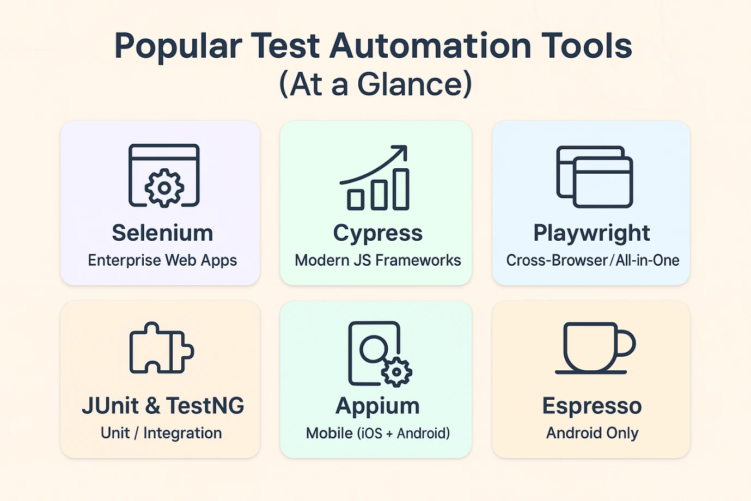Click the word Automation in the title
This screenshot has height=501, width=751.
tap(430, 46)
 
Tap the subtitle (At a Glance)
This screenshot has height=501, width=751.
tap(376, 84)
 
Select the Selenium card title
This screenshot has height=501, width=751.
tap(162, 233)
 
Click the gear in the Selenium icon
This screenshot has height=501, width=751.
tap(164, 188)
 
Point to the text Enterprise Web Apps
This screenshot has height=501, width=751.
tap(162, 260)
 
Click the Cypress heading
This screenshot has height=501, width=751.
tap(377, 234)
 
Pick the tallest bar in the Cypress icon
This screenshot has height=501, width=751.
tap(401, 190)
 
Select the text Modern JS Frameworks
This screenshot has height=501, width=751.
tap(377, 260)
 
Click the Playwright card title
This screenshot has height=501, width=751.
tap(591, 234)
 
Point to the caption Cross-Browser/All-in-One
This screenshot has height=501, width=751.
tap(593, 260)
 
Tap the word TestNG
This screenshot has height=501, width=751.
tap(205, 406)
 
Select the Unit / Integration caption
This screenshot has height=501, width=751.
tap(161, 433)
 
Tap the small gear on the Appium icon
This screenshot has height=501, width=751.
tap(396, 372)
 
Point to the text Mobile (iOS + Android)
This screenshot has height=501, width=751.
tap(378, 433)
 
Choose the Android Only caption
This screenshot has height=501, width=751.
tap(592, 433)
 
